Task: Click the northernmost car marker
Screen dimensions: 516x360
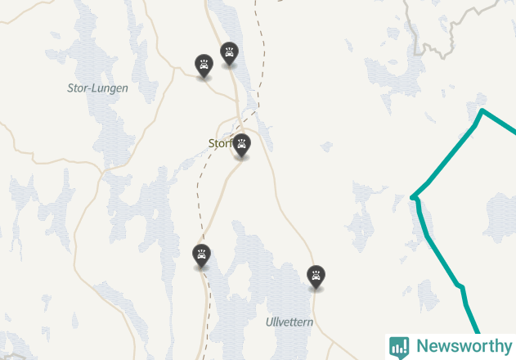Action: pyautogui.click(x=230, y=53)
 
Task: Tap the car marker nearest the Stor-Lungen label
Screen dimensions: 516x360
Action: pyautogui.click(x=204, y=65)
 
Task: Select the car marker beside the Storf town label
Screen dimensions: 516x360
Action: pyautogui.click(x=241, y=145)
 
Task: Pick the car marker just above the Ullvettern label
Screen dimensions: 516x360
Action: pyautogui.click(x=316, y=277)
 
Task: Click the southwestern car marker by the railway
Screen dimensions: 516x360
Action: pyautogui.click(x=201, y=255)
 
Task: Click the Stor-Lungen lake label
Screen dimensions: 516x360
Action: pyautogui.click(x=98, y=88)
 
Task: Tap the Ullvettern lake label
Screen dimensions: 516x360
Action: pyautogui.click(x=289, y=322)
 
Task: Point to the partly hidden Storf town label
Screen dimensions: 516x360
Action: pyautogui.click(x=220, y=144)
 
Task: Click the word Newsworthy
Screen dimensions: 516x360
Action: pyautogui.click(x=463, y=346)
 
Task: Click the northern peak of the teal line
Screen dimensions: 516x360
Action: pyautogui.click(x=483, y=110)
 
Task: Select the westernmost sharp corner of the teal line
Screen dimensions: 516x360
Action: pyautogui.click(x=414, y=196)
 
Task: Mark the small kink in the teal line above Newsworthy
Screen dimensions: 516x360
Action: pyautogui.click(x=461, y=287)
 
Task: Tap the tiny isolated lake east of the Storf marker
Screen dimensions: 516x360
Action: pyautogui.click(x=327, y=147)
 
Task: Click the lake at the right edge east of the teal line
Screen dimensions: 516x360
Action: pyautogui.click(x=499, y=217)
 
